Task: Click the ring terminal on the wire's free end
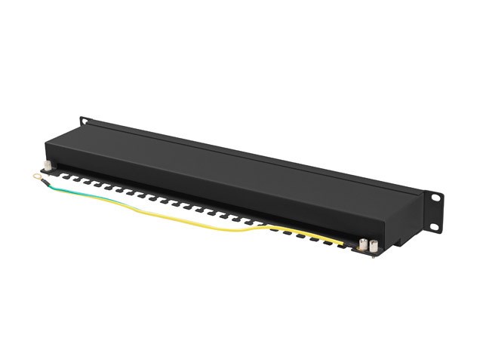point(35,177)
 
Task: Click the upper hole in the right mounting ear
point(436,197)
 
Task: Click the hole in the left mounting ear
point(84,121)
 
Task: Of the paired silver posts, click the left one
point(362,244)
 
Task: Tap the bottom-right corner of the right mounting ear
point(440,230)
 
